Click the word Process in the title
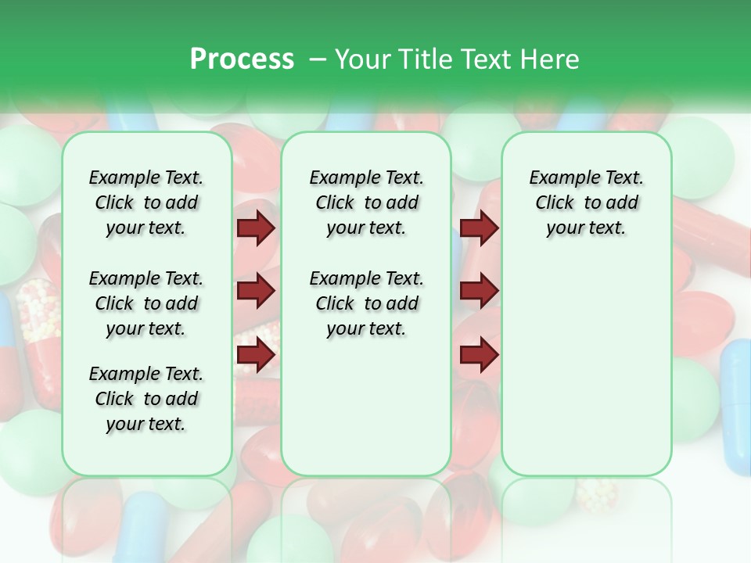(x=242, y=59)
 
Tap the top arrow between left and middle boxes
(x=256, y=228)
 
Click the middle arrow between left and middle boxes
(x=256, y=292)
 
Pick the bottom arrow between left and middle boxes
(x=256, y=355)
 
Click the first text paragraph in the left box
(x=146, y=203)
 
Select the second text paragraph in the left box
(x=146, y=303)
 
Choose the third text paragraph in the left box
(x=146, y=399)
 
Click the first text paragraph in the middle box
(x=366, y=203)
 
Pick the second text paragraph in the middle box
(x=366, y=303)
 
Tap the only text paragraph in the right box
(x=586, y=203)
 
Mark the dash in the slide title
(x=318, y=59)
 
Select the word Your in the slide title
(x=362, y=59)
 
